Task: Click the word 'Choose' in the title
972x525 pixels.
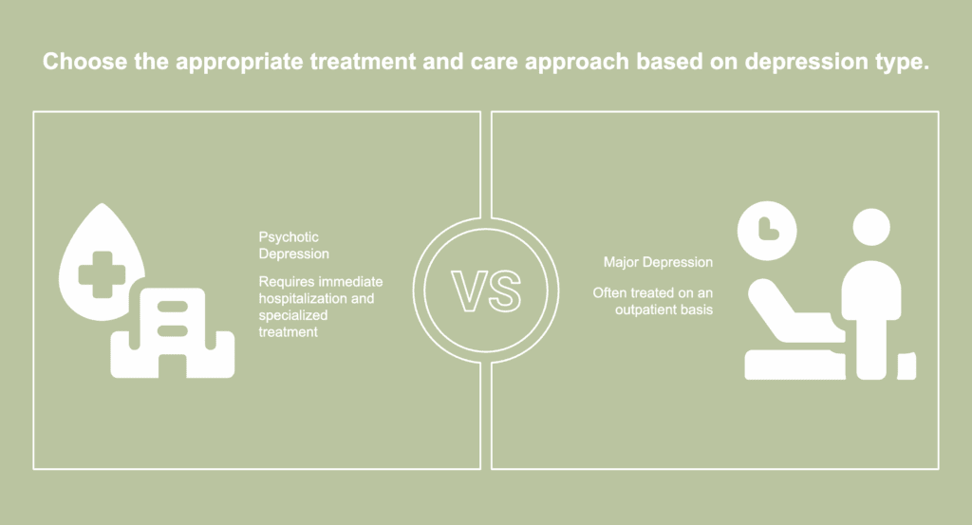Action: pos(84,62)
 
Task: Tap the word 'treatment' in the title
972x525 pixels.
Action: pos(363,62)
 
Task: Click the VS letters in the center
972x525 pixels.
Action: pos(486,291)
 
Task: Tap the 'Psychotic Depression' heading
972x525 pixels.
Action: pos(294,246)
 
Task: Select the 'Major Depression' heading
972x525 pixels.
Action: pos(658,262)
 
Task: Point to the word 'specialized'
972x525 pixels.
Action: pos(292,315)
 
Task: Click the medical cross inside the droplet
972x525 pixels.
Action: pos(102,274)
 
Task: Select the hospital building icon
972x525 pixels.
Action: pos(173,333)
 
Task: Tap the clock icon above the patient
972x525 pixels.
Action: pos(767,231)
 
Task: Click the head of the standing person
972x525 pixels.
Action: pos(871,227)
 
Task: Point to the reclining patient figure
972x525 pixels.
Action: pos(795,329)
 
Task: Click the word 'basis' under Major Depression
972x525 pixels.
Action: pos(698,309)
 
